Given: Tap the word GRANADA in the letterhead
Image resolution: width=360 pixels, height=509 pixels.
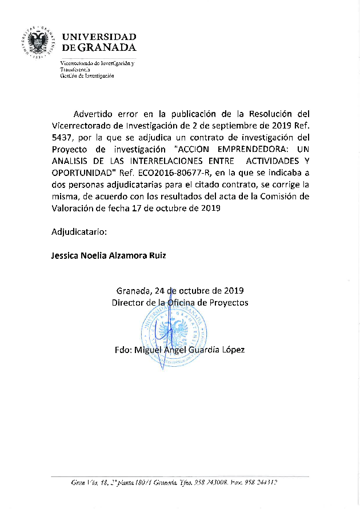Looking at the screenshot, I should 107,47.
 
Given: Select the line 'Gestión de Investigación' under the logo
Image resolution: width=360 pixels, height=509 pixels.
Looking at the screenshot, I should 87,76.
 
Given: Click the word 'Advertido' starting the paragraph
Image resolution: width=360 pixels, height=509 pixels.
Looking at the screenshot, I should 94,113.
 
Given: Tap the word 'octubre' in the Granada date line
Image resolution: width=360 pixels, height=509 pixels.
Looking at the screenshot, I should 190,290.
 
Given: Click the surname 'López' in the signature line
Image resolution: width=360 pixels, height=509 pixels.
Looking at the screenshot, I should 233,349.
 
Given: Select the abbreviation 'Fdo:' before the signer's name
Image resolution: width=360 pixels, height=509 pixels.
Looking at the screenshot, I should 123,349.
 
